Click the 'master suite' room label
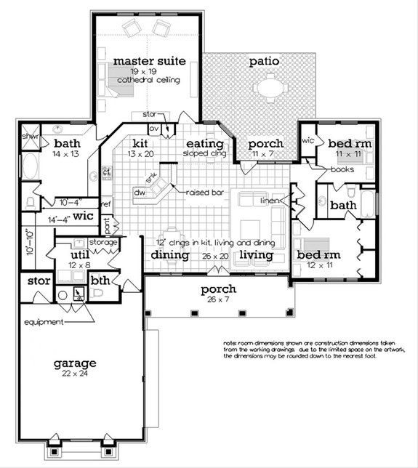point(148,60)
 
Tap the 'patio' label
point(264,62)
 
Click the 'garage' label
point(74,362)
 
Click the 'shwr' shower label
point(30,136)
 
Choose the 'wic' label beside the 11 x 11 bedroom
point(308,140)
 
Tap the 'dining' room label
point(170,255)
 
